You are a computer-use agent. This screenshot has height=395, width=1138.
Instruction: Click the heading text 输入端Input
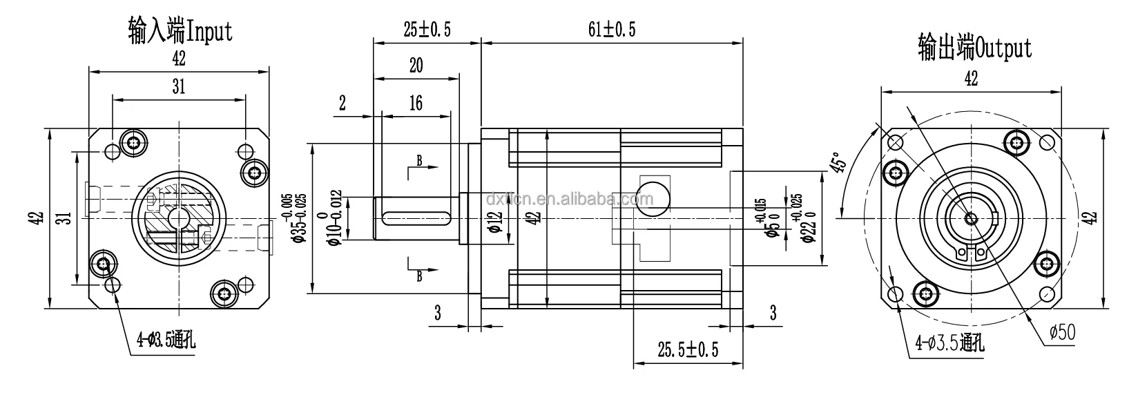point(180,31)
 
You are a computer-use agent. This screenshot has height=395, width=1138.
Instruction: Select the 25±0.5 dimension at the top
point(427,29)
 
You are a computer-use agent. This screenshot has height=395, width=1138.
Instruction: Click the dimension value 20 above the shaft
point(416,66)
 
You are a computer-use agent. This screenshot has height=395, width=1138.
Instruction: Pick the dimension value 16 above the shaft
point(415,103)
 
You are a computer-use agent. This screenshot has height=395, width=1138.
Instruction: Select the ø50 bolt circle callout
point(1061,333)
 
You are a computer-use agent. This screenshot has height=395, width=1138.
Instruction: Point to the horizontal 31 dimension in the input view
point(179,86)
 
